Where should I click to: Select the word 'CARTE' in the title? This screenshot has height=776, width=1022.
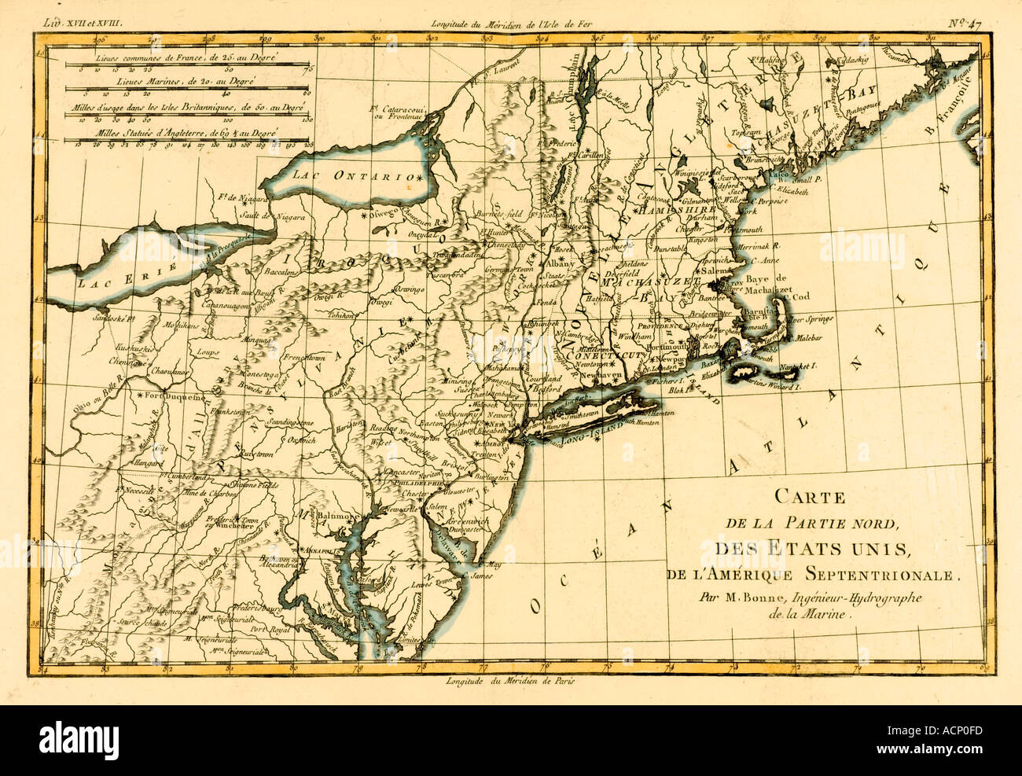[x=810, y=496]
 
